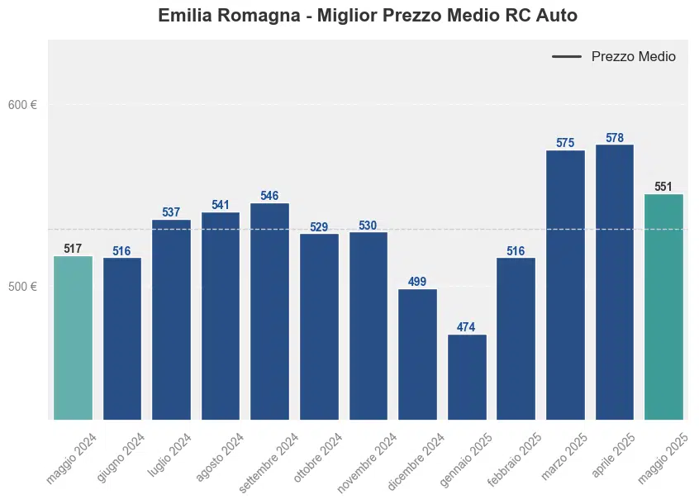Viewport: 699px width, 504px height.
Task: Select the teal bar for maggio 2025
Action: [x=663, y=307]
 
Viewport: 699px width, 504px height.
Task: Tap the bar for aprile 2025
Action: [x=615, y=282]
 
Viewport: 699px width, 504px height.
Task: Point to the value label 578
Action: [x=615, y=138]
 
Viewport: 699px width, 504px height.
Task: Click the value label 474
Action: [x=467, y=328]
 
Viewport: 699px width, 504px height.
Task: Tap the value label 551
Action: [x=663, y=187]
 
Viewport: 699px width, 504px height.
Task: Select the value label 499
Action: [x=417, y=282]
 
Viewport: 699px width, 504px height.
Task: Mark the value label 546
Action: [x=269, y=196]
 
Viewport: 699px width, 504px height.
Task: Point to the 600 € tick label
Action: [x=22, y=105]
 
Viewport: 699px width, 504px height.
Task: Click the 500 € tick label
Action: [x=22, y=287]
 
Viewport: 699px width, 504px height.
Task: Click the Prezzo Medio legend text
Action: [x=633, y=57]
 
